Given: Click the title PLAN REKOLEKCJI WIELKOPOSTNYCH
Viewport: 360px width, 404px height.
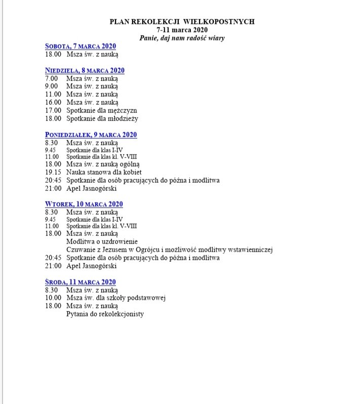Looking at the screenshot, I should click(x=182, y=22).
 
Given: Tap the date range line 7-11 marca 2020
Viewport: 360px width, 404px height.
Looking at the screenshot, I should click(x=182, y=29).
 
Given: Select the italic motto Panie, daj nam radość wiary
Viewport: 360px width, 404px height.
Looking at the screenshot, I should click(x=182, y=37).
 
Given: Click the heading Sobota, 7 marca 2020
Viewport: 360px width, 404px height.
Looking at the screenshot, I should click(x=81, y=46).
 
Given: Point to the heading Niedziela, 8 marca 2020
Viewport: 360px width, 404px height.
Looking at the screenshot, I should click(x=85, y=70).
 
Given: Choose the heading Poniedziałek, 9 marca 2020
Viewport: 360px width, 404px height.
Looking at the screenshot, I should click(x=91, y=135).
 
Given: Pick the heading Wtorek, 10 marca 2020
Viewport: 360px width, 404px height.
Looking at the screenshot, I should click(x=84, y=204).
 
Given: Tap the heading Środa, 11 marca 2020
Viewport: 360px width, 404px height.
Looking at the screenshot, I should click(x=80, y=282).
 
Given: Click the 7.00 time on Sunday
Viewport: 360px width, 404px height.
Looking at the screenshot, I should click(x=51, y=78).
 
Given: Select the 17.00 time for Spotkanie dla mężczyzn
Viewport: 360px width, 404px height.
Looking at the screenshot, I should click(x=53, y=110).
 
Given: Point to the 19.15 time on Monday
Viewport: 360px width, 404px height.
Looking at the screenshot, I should click(x=53, y=172).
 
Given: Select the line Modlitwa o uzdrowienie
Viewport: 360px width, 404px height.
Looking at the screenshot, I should click(x=102, y=241).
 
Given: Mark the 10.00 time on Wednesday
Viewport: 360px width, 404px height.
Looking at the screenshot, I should click(x=53, y=298).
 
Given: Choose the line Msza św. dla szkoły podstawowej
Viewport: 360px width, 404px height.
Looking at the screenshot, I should click(x=116, y=298).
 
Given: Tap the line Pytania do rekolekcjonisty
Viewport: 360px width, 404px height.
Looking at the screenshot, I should click(x=105, y=314).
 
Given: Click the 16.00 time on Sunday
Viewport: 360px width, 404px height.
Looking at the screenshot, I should click(x=53, y=102).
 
